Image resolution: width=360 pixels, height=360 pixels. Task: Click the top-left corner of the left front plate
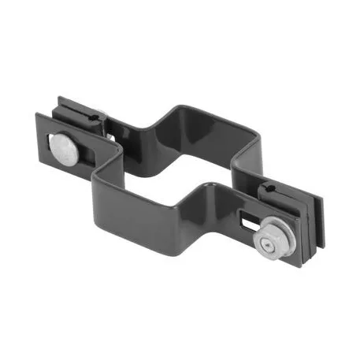point(37,115)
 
